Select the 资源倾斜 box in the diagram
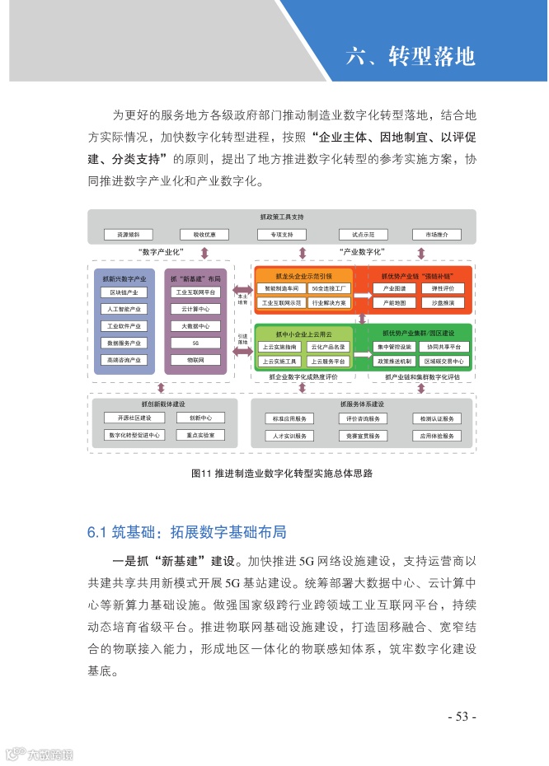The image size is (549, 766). (x=128, y=234)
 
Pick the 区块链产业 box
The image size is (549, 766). (x=124, y=292)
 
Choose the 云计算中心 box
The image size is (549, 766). (x=195, y=309)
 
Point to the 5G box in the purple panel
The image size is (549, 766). (x=195, y=343)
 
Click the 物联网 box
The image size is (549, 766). (x=195, y=360)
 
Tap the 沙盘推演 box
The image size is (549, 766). (x=443, y=303)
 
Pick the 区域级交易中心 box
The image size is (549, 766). (x=443, y=361)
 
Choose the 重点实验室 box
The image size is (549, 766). (x=200, y=435)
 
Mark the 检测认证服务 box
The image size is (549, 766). (x=436, y=418)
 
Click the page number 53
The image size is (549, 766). (x=462, y=717)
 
